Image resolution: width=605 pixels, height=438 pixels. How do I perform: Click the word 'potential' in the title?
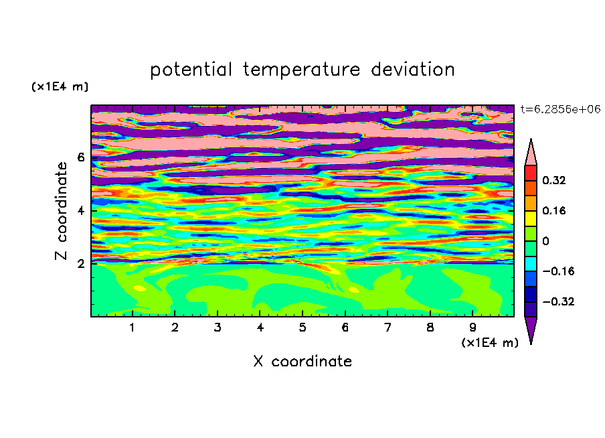[x=191, y=70]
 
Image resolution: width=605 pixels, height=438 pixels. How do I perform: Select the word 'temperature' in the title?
[x=302, y=70]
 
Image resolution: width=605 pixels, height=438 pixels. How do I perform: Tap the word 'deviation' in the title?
[x=413, y=70]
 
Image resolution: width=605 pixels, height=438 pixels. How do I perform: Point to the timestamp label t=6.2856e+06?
[x=560, y=109]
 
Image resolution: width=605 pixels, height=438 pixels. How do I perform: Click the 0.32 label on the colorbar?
[x=553, y=180]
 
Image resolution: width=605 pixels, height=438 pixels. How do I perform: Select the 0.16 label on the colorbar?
[x=553, y=210]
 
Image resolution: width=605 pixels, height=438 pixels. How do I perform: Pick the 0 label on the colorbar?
[x=545, y=241]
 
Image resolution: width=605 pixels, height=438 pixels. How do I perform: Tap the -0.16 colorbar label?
[x=558, y=271]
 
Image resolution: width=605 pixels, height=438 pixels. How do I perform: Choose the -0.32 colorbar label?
[x=558, y=301]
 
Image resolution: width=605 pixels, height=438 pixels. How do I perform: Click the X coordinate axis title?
[x=302, y=361]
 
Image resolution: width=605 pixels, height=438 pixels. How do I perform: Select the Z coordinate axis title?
[x=62, y=211]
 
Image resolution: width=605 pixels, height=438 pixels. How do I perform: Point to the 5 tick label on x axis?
[x=302, y=327]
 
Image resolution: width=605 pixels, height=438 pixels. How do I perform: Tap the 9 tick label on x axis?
[x=472, y=327]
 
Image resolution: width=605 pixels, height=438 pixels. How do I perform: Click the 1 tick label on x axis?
[x=132, y=327]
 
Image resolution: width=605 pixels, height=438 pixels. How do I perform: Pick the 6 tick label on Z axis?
[x=80, y=157]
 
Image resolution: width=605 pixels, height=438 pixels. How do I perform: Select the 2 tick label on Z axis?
[x=80, y=264]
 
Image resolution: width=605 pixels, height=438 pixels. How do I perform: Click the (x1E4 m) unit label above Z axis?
[x=60, y=86]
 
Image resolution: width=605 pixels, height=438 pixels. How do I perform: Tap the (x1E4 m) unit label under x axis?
[x=490, y=343]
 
